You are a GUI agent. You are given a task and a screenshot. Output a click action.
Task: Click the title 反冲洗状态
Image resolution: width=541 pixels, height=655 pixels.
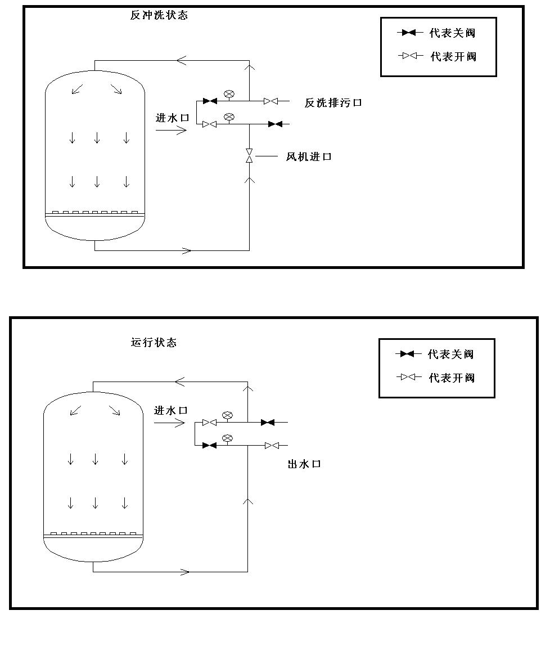pos(159,15)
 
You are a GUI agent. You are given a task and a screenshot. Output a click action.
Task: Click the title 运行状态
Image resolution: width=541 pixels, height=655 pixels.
pos(154,342)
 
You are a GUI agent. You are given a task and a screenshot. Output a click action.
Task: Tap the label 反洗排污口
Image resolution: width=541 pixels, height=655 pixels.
pos(333,102)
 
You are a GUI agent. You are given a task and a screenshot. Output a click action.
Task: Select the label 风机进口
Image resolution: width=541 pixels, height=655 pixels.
pos(309,156)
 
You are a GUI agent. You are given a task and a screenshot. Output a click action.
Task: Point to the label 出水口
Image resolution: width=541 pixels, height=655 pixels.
pos(304,464)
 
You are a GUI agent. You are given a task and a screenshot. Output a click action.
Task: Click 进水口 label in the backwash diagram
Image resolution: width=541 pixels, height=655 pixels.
pos(172,118)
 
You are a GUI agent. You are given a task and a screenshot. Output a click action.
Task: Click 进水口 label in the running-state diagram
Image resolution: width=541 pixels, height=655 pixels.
pos(170,410)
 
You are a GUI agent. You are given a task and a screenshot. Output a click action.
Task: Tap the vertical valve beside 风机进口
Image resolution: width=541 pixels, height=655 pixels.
pos(249,156)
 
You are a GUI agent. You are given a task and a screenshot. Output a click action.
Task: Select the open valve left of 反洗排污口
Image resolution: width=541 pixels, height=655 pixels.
pos(270,101)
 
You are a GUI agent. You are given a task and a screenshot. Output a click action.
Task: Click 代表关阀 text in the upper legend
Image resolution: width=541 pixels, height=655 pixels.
pos(452,33)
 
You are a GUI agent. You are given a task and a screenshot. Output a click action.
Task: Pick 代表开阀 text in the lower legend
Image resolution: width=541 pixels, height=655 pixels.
pos(452,378)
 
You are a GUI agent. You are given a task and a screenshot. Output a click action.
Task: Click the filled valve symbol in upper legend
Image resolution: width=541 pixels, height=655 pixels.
pos(409,33)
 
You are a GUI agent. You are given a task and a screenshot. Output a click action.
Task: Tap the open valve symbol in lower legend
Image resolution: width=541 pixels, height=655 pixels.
pos(409,377)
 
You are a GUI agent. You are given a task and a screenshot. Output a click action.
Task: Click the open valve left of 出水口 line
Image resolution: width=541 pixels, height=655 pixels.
pos(272,445)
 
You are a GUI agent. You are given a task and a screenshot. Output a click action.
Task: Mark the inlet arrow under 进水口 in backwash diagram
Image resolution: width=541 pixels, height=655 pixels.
pos(171,131)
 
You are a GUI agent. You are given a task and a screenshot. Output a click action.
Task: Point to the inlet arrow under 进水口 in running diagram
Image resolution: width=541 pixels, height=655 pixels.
pos(169,423)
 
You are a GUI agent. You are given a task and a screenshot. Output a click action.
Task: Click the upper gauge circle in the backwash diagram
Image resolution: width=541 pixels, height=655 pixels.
pos(229,94)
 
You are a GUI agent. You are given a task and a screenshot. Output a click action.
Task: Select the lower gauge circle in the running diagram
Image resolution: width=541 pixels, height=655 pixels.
pos(227,438)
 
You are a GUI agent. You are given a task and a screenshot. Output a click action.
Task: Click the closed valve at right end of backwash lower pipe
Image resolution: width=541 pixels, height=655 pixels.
pos(275,124)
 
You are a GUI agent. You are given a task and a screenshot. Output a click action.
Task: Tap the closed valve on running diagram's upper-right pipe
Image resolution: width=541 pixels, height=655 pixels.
pos(268,422)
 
